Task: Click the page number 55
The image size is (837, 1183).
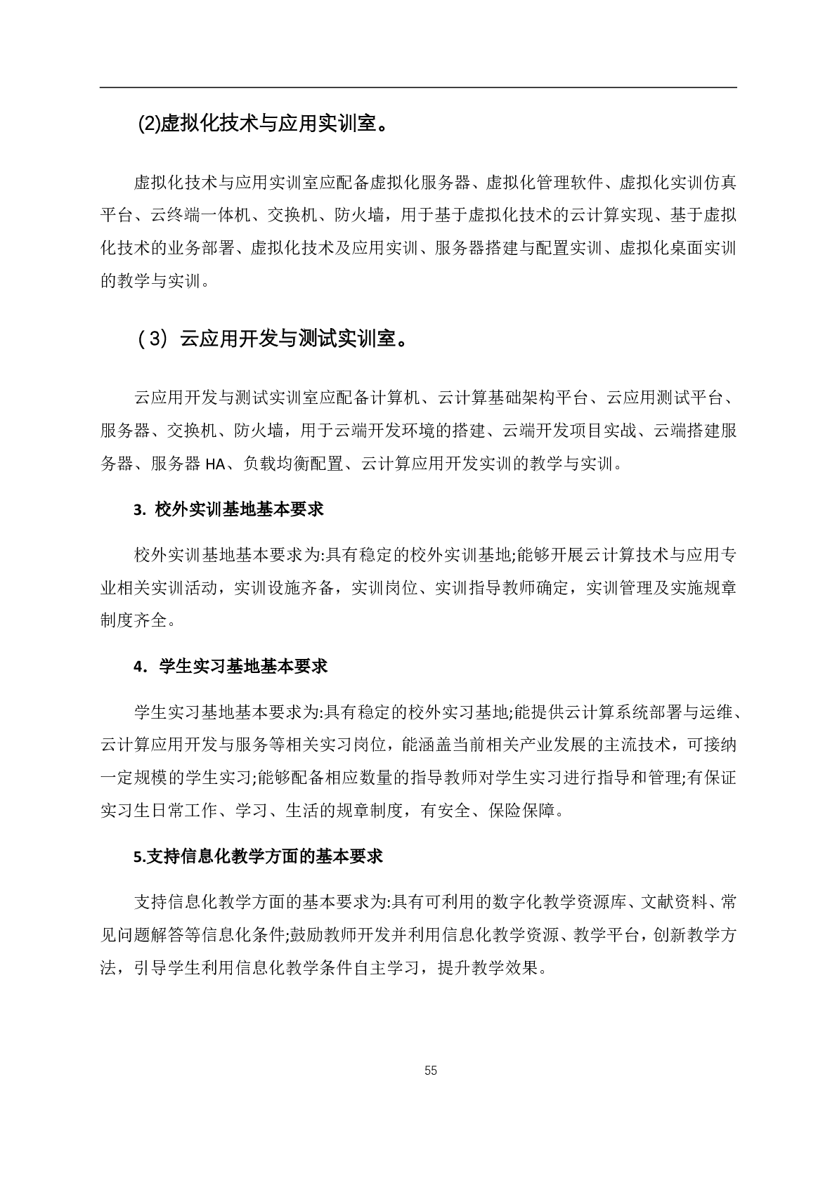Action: pos(431,1071)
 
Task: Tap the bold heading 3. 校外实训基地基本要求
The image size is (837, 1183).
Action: pos(228,509)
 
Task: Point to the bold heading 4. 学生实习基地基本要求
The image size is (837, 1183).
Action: pos(231,667)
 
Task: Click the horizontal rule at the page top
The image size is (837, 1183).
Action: pos(418,88)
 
